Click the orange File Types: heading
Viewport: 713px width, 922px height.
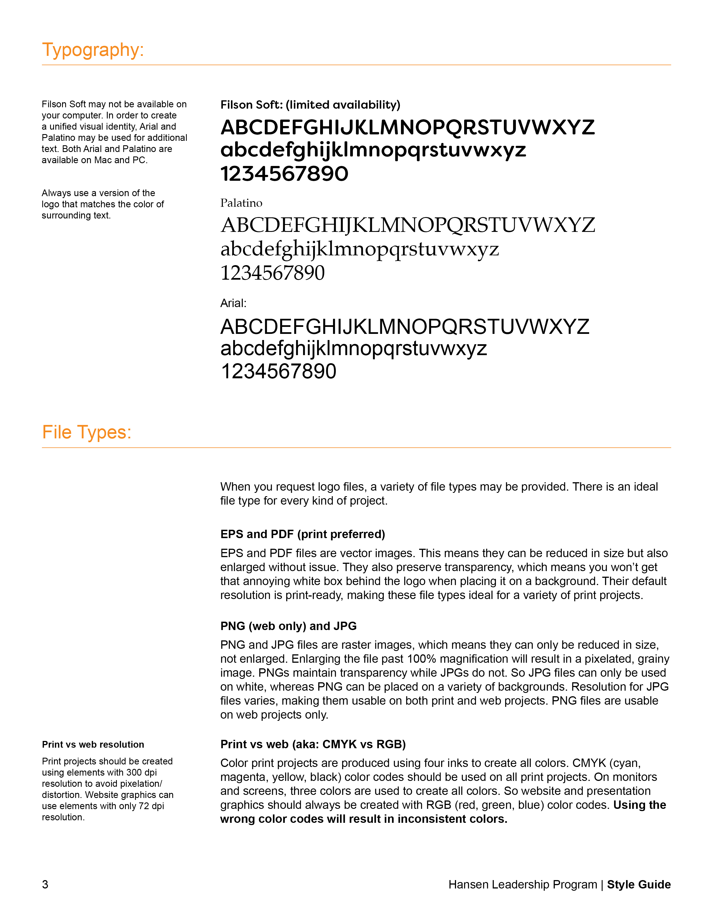click(87, 432)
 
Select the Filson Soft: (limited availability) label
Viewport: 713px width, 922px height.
click(310, 105)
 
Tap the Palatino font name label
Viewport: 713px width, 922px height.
click(241, 203)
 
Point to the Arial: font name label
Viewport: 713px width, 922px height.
click(233, 303)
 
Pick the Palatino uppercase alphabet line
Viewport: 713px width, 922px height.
click(408, 225)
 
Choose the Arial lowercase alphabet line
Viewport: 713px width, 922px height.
click(353, 349)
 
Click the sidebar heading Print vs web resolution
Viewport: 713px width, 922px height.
click(93, 744)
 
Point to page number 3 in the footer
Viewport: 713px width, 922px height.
click(45, 885)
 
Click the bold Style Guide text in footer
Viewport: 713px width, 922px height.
click(639, 885)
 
